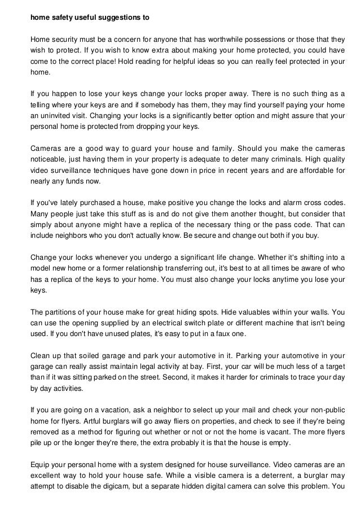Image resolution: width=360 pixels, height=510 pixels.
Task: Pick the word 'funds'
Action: click(91, 182)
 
